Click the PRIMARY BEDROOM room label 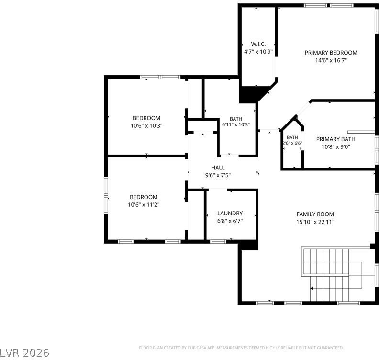click(x=331, y=53)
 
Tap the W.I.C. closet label click(x=258, y=44)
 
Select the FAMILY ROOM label click(x=315, y=214)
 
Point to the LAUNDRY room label click(x=230, y=213)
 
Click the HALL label click(x=218, y=168)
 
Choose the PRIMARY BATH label click(x=336, y=139)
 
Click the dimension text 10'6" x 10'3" click(x=146, y=126)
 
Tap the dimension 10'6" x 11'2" click(x=144, y=205)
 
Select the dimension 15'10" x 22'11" click(x=315, y=222)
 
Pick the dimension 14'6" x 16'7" click(x=331, y=60)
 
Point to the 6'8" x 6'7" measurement click(x=230, y=221)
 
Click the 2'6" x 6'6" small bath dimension click(x=292, y=143)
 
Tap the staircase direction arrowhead click(x=312, y=288)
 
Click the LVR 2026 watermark click(x=24, y=353)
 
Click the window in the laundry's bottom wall click(x=218, y=241)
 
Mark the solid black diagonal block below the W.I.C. click(x=254, y=94)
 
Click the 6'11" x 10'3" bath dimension click(x=236, y=125)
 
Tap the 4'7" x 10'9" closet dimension click(x=258, y=52)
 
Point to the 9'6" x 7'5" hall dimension click(x=218, y=175)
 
